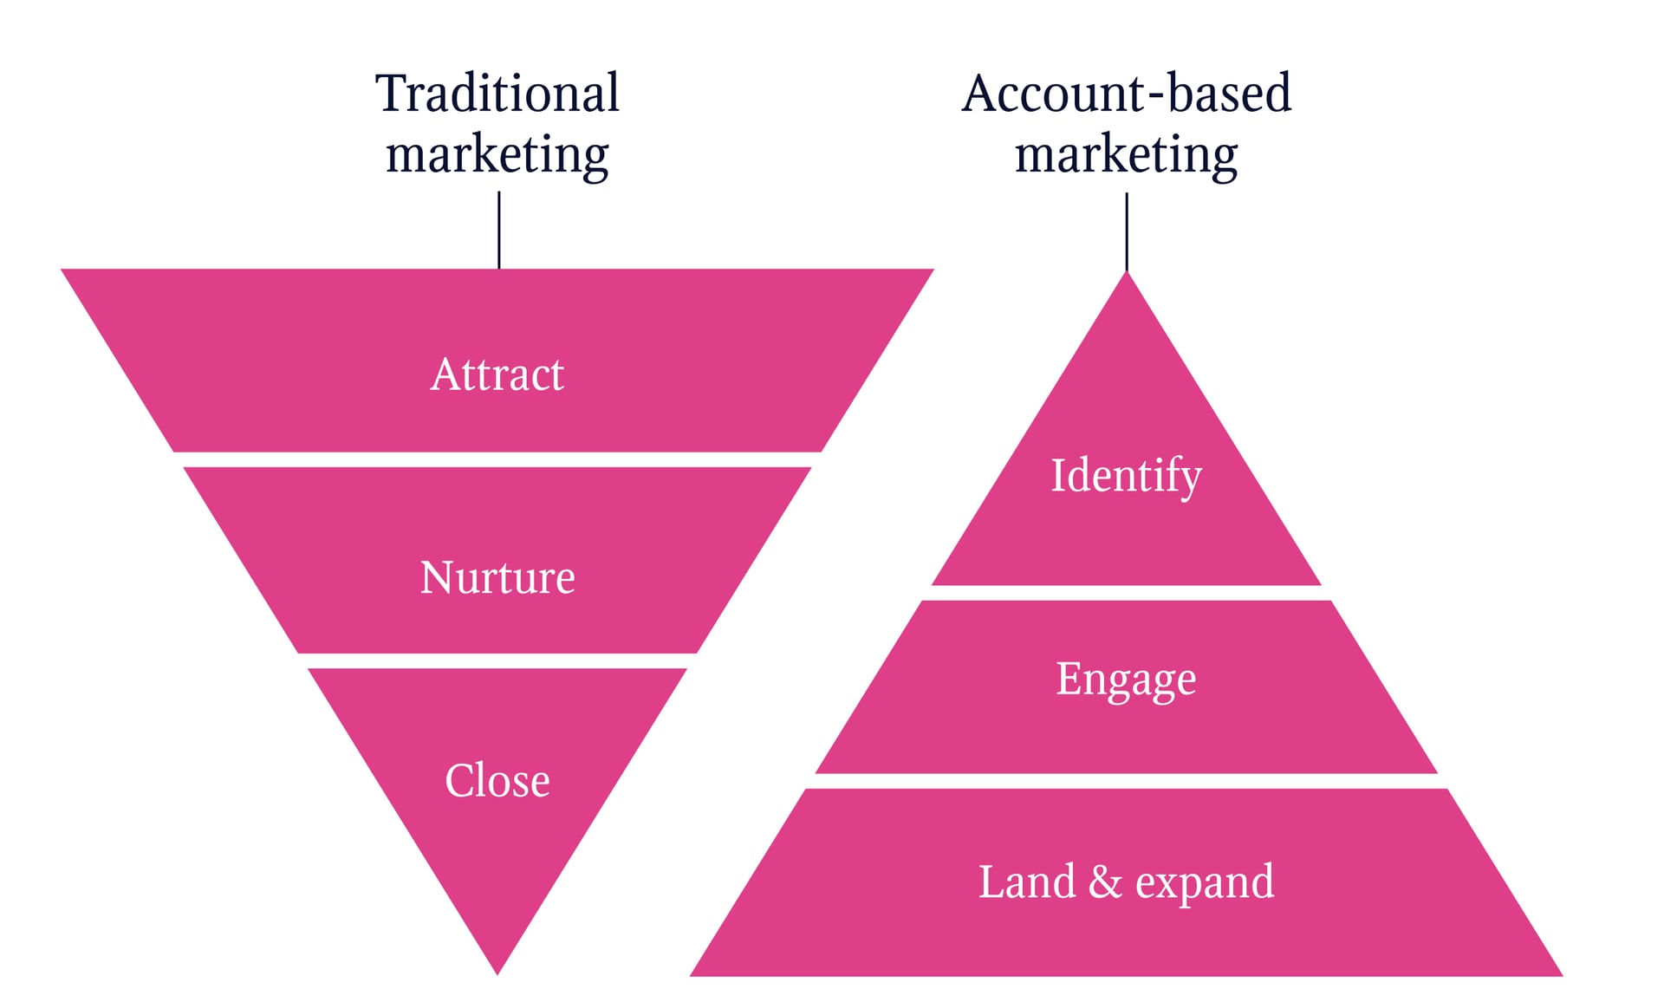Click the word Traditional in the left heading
click(x=497, y=93)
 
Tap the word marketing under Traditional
click(x=497, y=156)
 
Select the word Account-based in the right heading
click(x=1127, y=93)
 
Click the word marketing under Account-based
click(x=1127, y=156)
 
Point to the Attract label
click(x=497, y=374)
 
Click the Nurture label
click(x=497, y=577)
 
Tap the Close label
click(x=497, y=780)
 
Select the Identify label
click(x=1127, y=476)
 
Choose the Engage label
click(x=1127, y=680)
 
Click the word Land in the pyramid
click(x=1027, y=882)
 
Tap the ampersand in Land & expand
click(x=1105, y=882)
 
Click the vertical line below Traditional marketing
click(x=499, y=230)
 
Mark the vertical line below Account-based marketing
click(x=1127, y=232)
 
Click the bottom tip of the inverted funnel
click(x=497, y=975)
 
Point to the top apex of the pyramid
click(x=1127, y=272)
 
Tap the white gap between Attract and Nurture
click(x=497, y=459)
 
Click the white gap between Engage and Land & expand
click(x=1127, y=781)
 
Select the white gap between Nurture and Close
click(x=497, y=660)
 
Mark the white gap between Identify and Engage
click(x=1127, y=593)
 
